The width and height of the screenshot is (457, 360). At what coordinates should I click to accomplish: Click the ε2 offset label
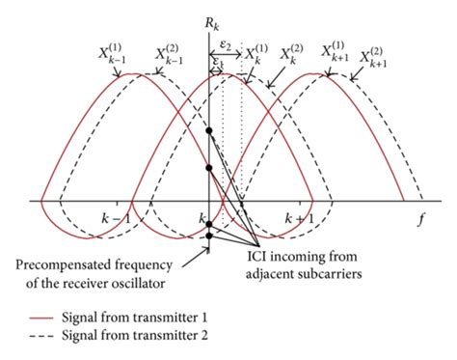[225, 44]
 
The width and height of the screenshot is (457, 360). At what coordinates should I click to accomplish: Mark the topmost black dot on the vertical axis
[208, 129]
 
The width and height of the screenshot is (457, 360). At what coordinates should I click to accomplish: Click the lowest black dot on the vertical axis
[208, 237]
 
